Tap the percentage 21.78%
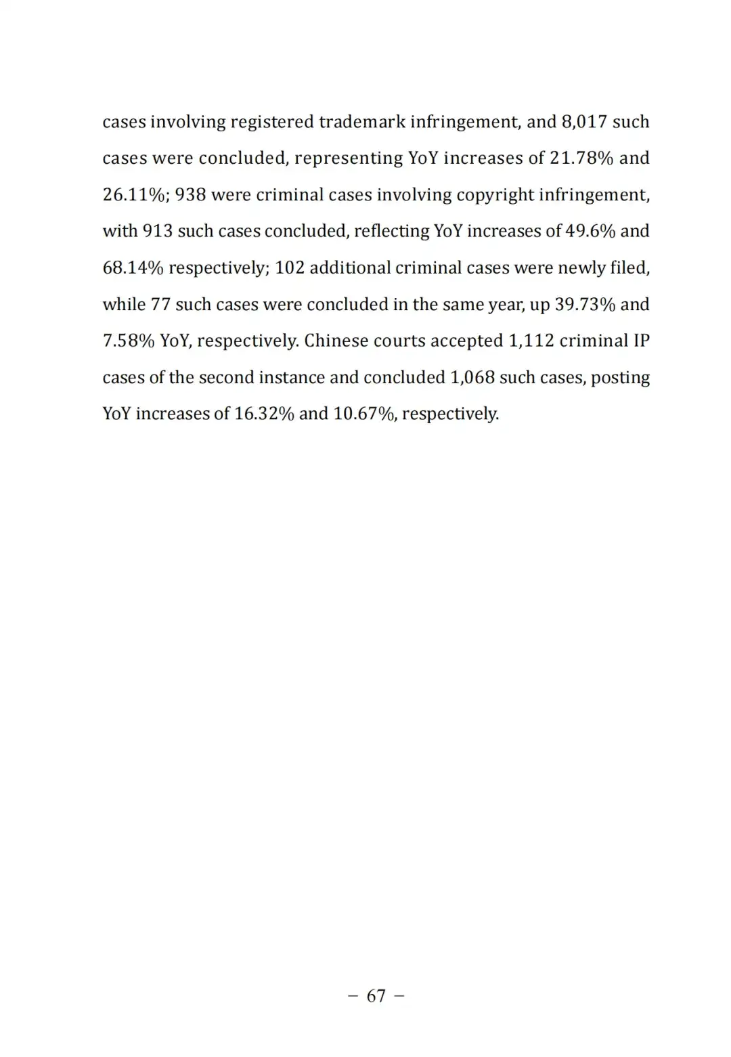(581, 158)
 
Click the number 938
(190, 195)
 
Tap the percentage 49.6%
(590, 232)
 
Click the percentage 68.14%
(133, 268)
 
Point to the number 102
(290, 268)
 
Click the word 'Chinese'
(336, 341)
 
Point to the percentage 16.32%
(264, 414)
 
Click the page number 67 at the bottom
(376, 995)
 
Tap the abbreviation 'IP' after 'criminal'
(641, 341)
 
